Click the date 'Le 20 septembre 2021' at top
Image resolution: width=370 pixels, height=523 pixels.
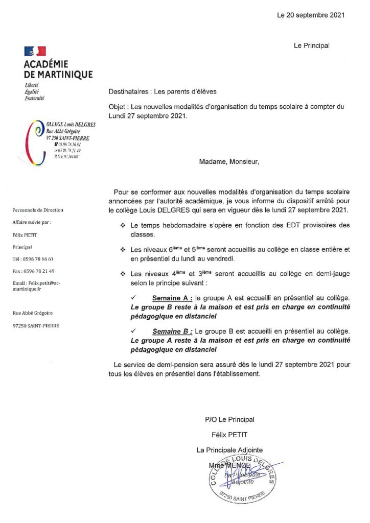tap(311, 15)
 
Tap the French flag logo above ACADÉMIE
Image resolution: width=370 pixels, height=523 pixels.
tap(35, 51)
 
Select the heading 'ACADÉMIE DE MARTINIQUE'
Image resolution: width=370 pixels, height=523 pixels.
tap(58, 69)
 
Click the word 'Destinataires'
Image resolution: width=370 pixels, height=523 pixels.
tap(127, 92)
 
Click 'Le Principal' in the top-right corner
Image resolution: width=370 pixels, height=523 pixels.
tap(311, 45)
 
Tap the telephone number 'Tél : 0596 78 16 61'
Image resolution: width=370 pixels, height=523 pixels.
tap(33, 259)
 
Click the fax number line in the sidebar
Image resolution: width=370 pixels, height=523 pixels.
tap(34, 271)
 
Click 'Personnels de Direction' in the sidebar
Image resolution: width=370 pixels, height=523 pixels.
tap(38, 210)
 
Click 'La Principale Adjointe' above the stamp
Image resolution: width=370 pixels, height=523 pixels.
tap(229, 450)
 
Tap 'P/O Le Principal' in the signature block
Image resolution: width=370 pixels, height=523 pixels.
tap(229, 419)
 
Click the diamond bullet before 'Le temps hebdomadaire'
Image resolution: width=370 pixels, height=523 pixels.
tap(123, 225)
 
